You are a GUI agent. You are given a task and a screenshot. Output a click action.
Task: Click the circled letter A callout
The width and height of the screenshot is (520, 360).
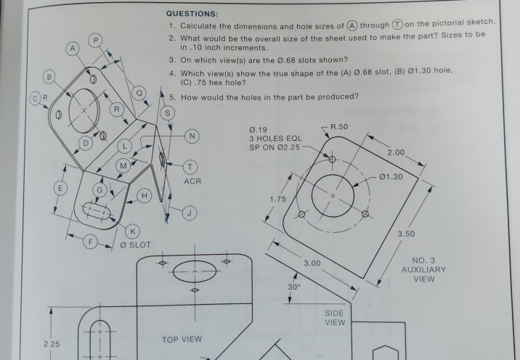[72, 48]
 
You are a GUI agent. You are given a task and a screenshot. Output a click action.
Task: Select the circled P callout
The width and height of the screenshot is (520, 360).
[96, 38]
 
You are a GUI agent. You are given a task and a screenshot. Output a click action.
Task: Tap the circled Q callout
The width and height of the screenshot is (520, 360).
[142, 92]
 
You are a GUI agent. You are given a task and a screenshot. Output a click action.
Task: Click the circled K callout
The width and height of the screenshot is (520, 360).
[132, 231]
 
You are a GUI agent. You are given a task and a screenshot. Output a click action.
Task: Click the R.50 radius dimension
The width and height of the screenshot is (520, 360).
[338, 127]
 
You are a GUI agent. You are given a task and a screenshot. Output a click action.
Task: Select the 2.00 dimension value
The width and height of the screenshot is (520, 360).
[397, 152]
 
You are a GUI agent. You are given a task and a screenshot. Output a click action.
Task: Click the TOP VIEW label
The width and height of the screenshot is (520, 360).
[181, 339]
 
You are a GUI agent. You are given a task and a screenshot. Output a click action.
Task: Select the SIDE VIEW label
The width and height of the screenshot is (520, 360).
[334, 316]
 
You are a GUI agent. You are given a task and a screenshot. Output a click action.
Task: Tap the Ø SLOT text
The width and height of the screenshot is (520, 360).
[135, 245]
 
